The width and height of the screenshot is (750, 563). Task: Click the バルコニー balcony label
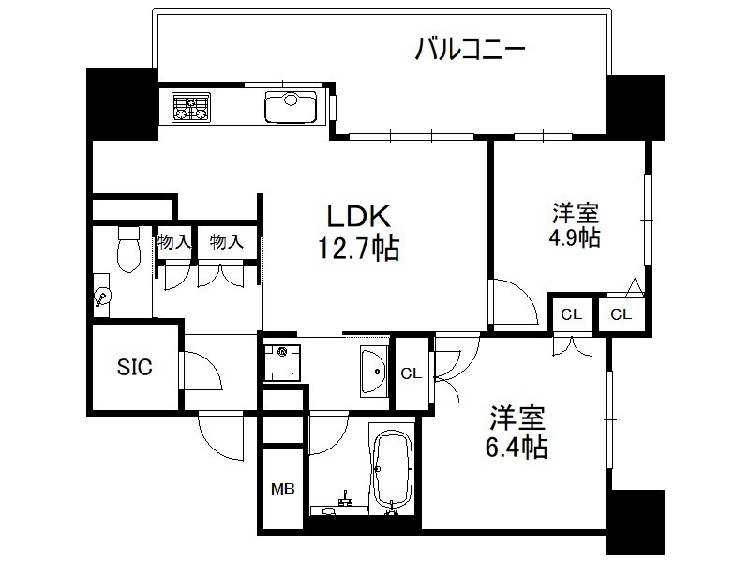(x=470, y=50)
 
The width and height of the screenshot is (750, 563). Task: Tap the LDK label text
(x=359, y=216)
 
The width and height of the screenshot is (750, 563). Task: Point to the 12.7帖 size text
(x=359, y=248)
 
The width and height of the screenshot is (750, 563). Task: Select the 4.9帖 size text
(x=575, y=237)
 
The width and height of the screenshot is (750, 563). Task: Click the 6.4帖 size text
(x=517, y=447)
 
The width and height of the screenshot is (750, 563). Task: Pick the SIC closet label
(x=135, y=367)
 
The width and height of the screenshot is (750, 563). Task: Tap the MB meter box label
(x=283, y=489)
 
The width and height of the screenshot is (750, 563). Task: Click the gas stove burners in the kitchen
(x=191, y=108)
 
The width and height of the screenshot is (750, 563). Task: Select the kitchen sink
(x=291, y=107)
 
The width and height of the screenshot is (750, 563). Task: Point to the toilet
(x=128, y=249)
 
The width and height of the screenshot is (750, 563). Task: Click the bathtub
(x=392, y=467)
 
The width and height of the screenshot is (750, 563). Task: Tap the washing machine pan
(x=282, y=362)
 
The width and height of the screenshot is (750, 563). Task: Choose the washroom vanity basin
(x=373, y=372)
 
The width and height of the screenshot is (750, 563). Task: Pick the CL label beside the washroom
(x=412, y=373)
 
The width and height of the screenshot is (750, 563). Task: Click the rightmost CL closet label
(x=621, y=314)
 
